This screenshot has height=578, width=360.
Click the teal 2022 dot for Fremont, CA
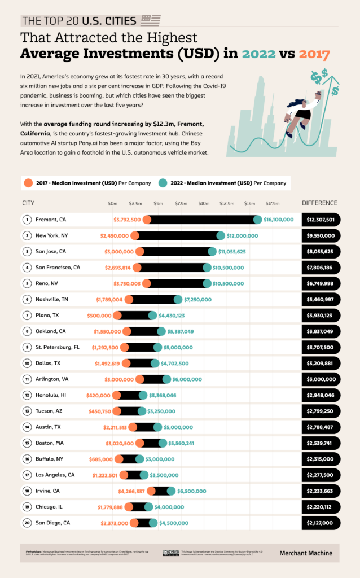coord(258,220)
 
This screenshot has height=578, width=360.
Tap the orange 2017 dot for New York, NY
coord(136,235)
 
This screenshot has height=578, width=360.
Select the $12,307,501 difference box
coord(321,220)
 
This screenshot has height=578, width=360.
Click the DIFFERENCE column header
coord(319,203)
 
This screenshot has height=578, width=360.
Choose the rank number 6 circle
coord(27,299)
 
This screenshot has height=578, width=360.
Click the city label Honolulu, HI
coord(51,395)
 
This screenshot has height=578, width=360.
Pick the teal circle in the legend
coord(163,182)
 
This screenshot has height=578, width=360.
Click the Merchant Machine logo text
coord(306,553)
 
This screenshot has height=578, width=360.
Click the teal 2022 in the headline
coord(260,54)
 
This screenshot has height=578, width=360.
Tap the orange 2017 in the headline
coord(314,54)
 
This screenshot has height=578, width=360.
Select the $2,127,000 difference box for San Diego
coord(321,523)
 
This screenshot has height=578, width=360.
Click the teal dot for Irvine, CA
coord(171,491)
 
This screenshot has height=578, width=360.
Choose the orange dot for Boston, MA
coord(139,443)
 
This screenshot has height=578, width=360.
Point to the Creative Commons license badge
coord(171,553)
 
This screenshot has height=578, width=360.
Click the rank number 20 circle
coord(27,523)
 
